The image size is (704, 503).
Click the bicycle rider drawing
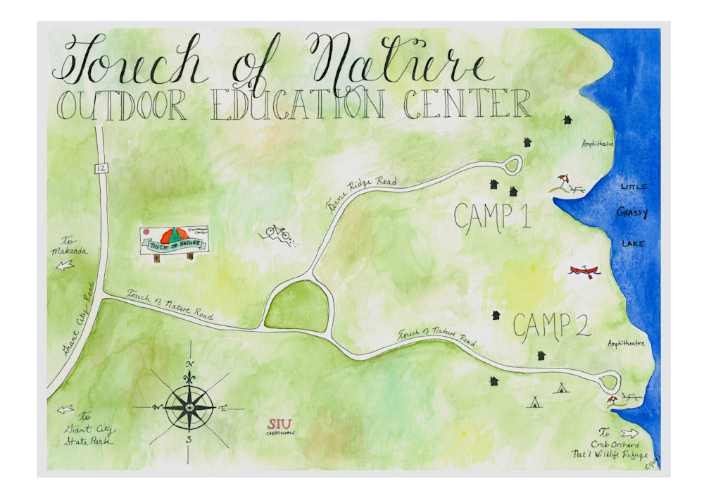[277, 233]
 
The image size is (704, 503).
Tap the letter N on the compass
[189, 364]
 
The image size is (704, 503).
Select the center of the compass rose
[189, 406]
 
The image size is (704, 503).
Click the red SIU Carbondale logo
[280, 425]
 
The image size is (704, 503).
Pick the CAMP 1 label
[491, 218]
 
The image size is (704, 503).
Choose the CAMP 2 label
[551, 325]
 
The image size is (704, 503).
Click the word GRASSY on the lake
[632, 212]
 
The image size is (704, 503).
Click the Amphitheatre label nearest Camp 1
[598, 144]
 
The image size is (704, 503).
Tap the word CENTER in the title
[467, 104]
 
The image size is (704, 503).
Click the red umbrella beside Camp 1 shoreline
[563, 180]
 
